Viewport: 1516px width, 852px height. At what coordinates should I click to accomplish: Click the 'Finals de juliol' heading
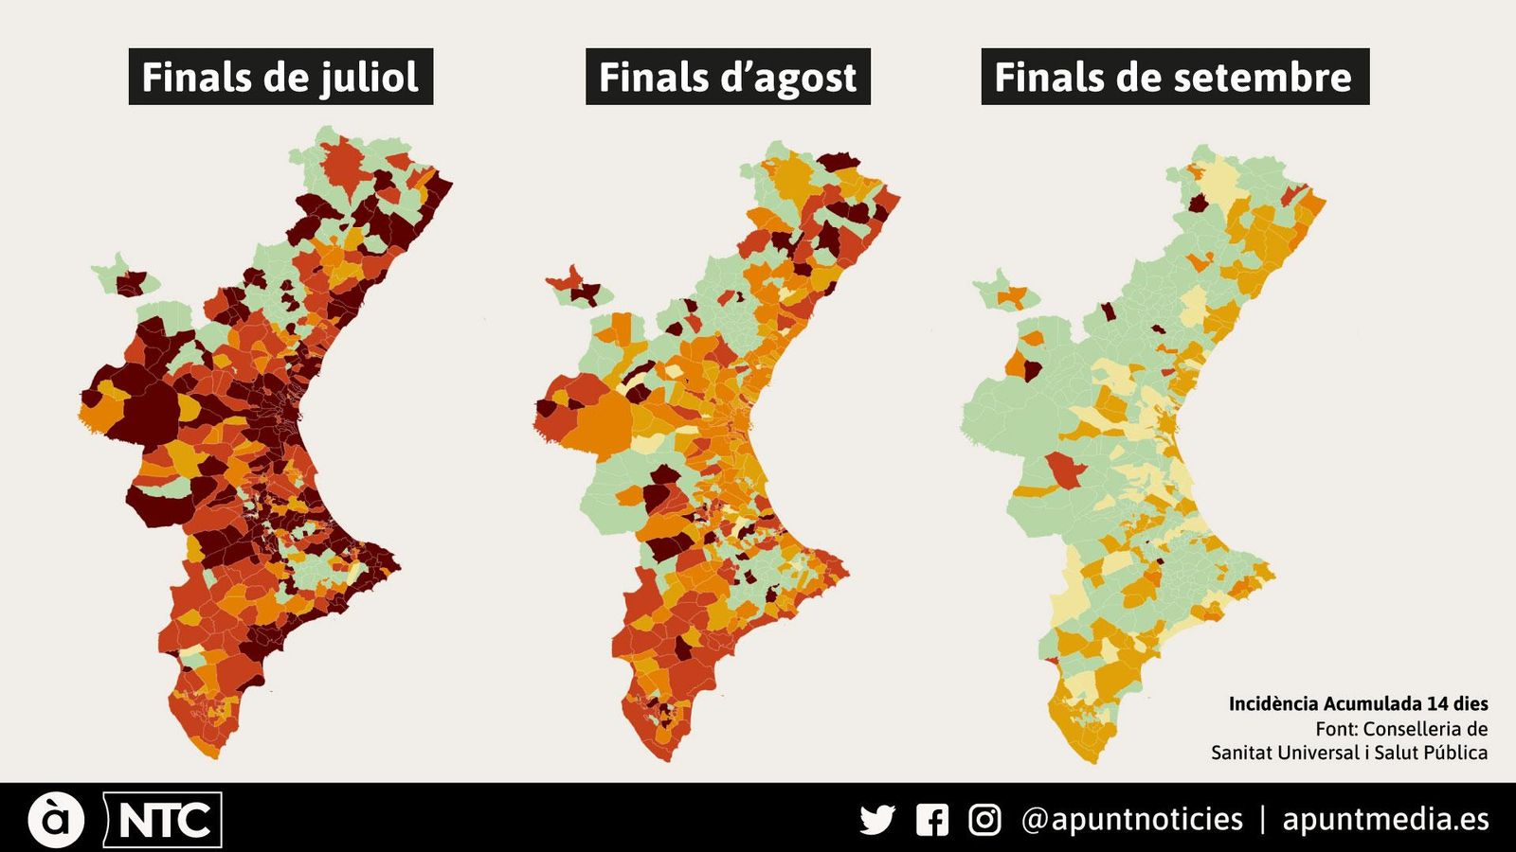pos(280,77)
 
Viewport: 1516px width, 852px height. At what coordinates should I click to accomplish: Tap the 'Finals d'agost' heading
pos(728,77)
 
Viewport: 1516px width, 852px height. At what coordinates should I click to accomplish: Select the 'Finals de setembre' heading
pos(1174,77)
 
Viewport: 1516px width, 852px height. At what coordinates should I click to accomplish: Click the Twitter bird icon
pos(877,819)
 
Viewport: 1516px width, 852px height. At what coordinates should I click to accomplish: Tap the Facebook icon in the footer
pos(932,819)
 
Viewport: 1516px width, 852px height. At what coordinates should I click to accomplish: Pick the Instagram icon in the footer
pos(984,819)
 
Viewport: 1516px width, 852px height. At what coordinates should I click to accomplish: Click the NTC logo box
pos(163,820)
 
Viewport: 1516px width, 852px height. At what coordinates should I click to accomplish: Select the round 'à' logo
pos(56,820)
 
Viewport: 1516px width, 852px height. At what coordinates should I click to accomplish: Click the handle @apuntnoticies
pos(1131,819)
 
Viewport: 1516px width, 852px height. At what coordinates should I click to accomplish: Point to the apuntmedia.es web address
pos(1385,819)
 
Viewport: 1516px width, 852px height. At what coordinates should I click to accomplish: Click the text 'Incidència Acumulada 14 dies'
pos(1358,703)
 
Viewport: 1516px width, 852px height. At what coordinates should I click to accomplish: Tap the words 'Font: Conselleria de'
pos(1400,729)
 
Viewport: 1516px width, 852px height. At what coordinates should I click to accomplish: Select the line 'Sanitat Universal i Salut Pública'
pos(1348,753)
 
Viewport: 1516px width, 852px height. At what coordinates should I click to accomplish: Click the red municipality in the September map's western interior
pos(1062,470)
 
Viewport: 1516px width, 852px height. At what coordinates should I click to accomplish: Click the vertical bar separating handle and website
pos(1262,819)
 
